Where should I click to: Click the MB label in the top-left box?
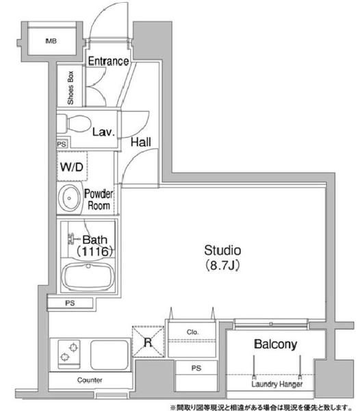pos(51,42)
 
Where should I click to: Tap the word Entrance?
pos(107,61)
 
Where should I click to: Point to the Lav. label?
pos(103,132)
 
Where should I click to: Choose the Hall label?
pos(140,142)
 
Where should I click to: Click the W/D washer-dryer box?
pos(71,166)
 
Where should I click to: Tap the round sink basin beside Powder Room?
pos(69,198)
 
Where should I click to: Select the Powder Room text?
pos(98,199)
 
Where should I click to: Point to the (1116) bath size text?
pos(93,251)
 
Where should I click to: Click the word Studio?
pos(222,249)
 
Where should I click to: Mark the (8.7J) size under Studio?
pos(222,264)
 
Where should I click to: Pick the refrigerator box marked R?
pos(148,340)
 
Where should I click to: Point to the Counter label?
pos(90,379)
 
